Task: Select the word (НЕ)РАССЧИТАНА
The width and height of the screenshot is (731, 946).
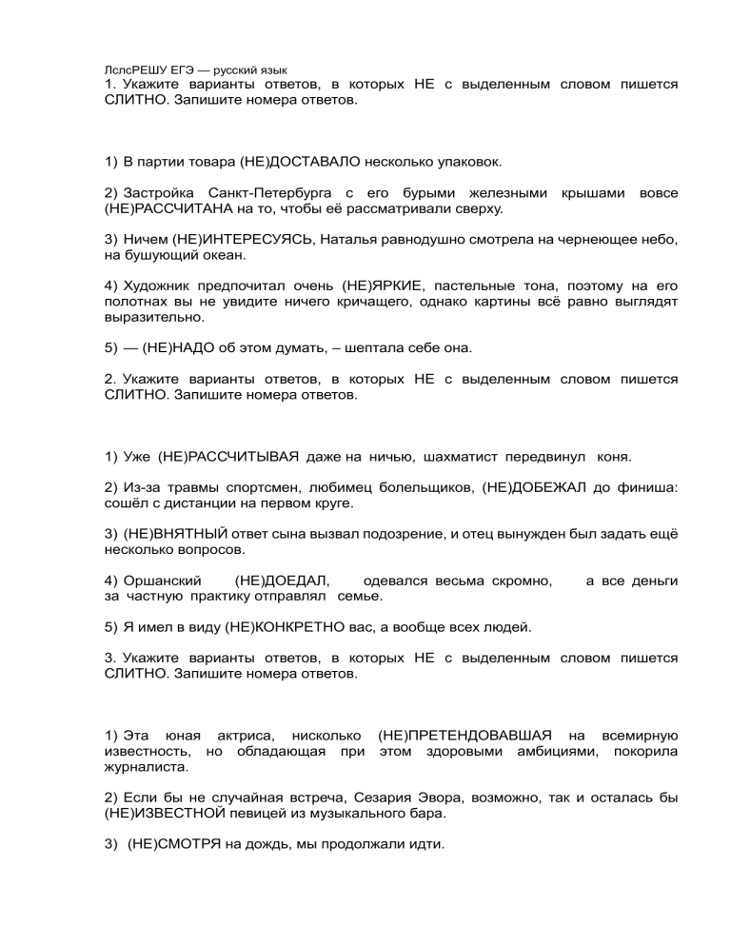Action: click(x=165, y=207)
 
